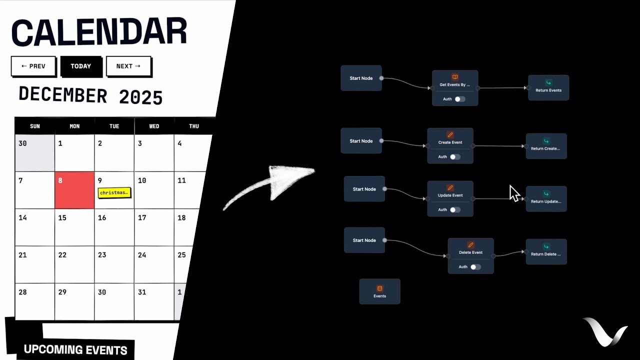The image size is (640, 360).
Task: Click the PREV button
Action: coord(33,66)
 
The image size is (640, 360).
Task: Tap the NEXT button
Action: coord(128,66)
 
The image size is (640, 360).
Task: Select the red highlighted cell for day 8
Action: coord(74,190)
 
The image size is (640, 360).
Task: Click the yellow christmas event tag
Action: coord(114,192)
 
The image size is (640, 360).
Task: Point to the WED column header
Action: coord(154,126)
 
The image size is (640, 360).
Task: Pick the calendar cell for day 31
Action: coord(154,301)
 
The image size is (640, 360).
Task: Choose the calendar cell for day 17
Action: coord(154,227)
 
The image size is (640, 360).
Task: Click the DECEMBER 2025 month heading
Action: coord(90,95)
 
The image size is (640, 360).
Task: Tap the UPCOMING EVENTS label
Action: coord(75,349)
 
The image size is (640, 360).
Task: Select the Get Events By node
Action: coord(454,84)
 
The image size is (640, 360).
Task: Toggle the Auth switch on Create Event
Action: coord(454,157)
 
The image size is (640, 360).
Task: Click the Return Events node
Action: coord(548,87)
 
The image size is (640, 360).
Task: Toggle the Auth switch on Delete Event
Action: coord(475,267)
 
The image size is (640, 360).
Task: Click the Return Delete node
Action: coord(546,251)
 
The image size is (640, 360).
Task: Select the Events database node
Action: coord(379,291)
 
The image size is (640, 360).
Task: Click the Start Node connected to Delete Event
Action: coord(364,240)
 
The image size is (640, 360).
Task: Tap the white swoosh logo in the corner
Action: coord(604,331)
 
